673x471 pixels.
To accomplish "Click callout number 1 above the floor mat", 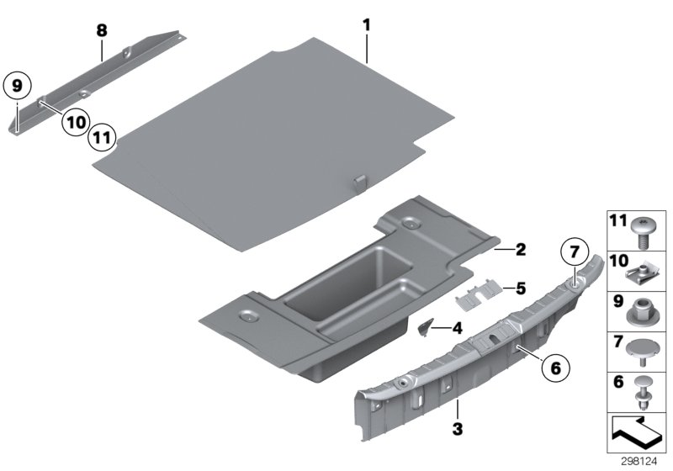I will click(367, 26).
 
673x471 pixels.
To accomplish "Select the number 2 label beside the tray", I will click(520, 250).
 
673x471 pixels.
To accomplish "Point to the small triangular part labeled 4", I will click(427, 326).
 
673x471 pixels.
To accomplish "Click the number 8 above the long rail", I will click(102, 30).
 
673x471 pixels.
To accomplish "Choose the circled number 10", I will click(75, 122).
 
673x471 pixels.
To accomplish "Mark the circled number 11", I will click(102, 136).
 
